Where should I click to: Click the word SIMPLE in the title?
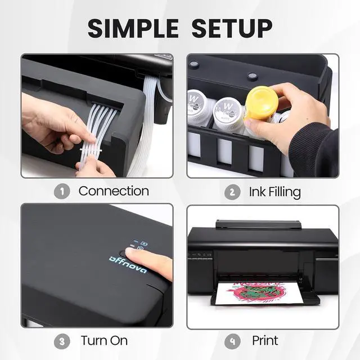tap(133, 28)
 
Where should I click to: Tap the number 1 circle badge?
tap(62, 191)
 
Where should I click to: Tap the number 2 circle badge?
tap(232, 192)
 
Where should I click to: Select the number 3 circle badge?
tap(62, 341)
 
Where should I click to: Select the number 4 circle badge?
tap(232, 341)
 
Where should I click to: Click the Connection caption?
tap(114, 191)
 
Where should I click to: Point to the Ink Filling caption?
tap(274, 192)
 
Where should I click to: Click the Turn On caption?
tap(104, 341)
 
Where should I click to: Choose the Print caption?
tap(265, 341)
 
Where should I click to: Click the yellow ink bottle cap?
tap(262, 103)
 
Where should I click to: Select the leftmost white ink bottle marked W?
tap(198, 105)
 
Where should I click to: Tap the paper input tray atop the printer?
tap(258, 224)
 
